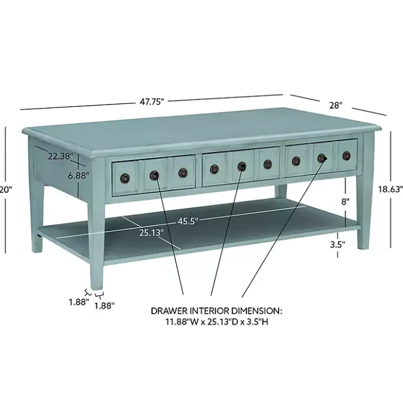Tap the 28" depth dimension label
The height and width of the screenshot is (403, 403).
[x=335, y=105]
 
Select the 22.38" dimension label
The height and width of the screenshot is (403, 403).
[x=60, y=156]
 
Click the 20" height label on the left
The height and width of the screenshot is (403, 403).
[x=6, y=189]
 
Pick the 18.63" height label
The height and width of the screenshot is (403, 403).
[x=390, y=189]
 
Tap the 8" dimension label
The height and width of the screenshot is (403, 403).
[x=345, y=201]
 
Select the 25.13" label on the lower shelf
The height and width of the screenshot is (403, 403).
[x=151, y=232]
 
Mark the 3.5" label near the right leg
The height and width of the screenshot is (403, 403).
[x=337, y=245]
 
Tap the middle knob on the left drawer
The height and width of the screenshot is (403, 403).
[x=154, y=175]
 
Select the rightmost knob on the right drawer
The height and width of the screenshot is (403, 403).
[x=347, y=155]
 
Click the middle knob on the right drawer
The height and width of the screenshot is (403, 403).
[x=322, y=158]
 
